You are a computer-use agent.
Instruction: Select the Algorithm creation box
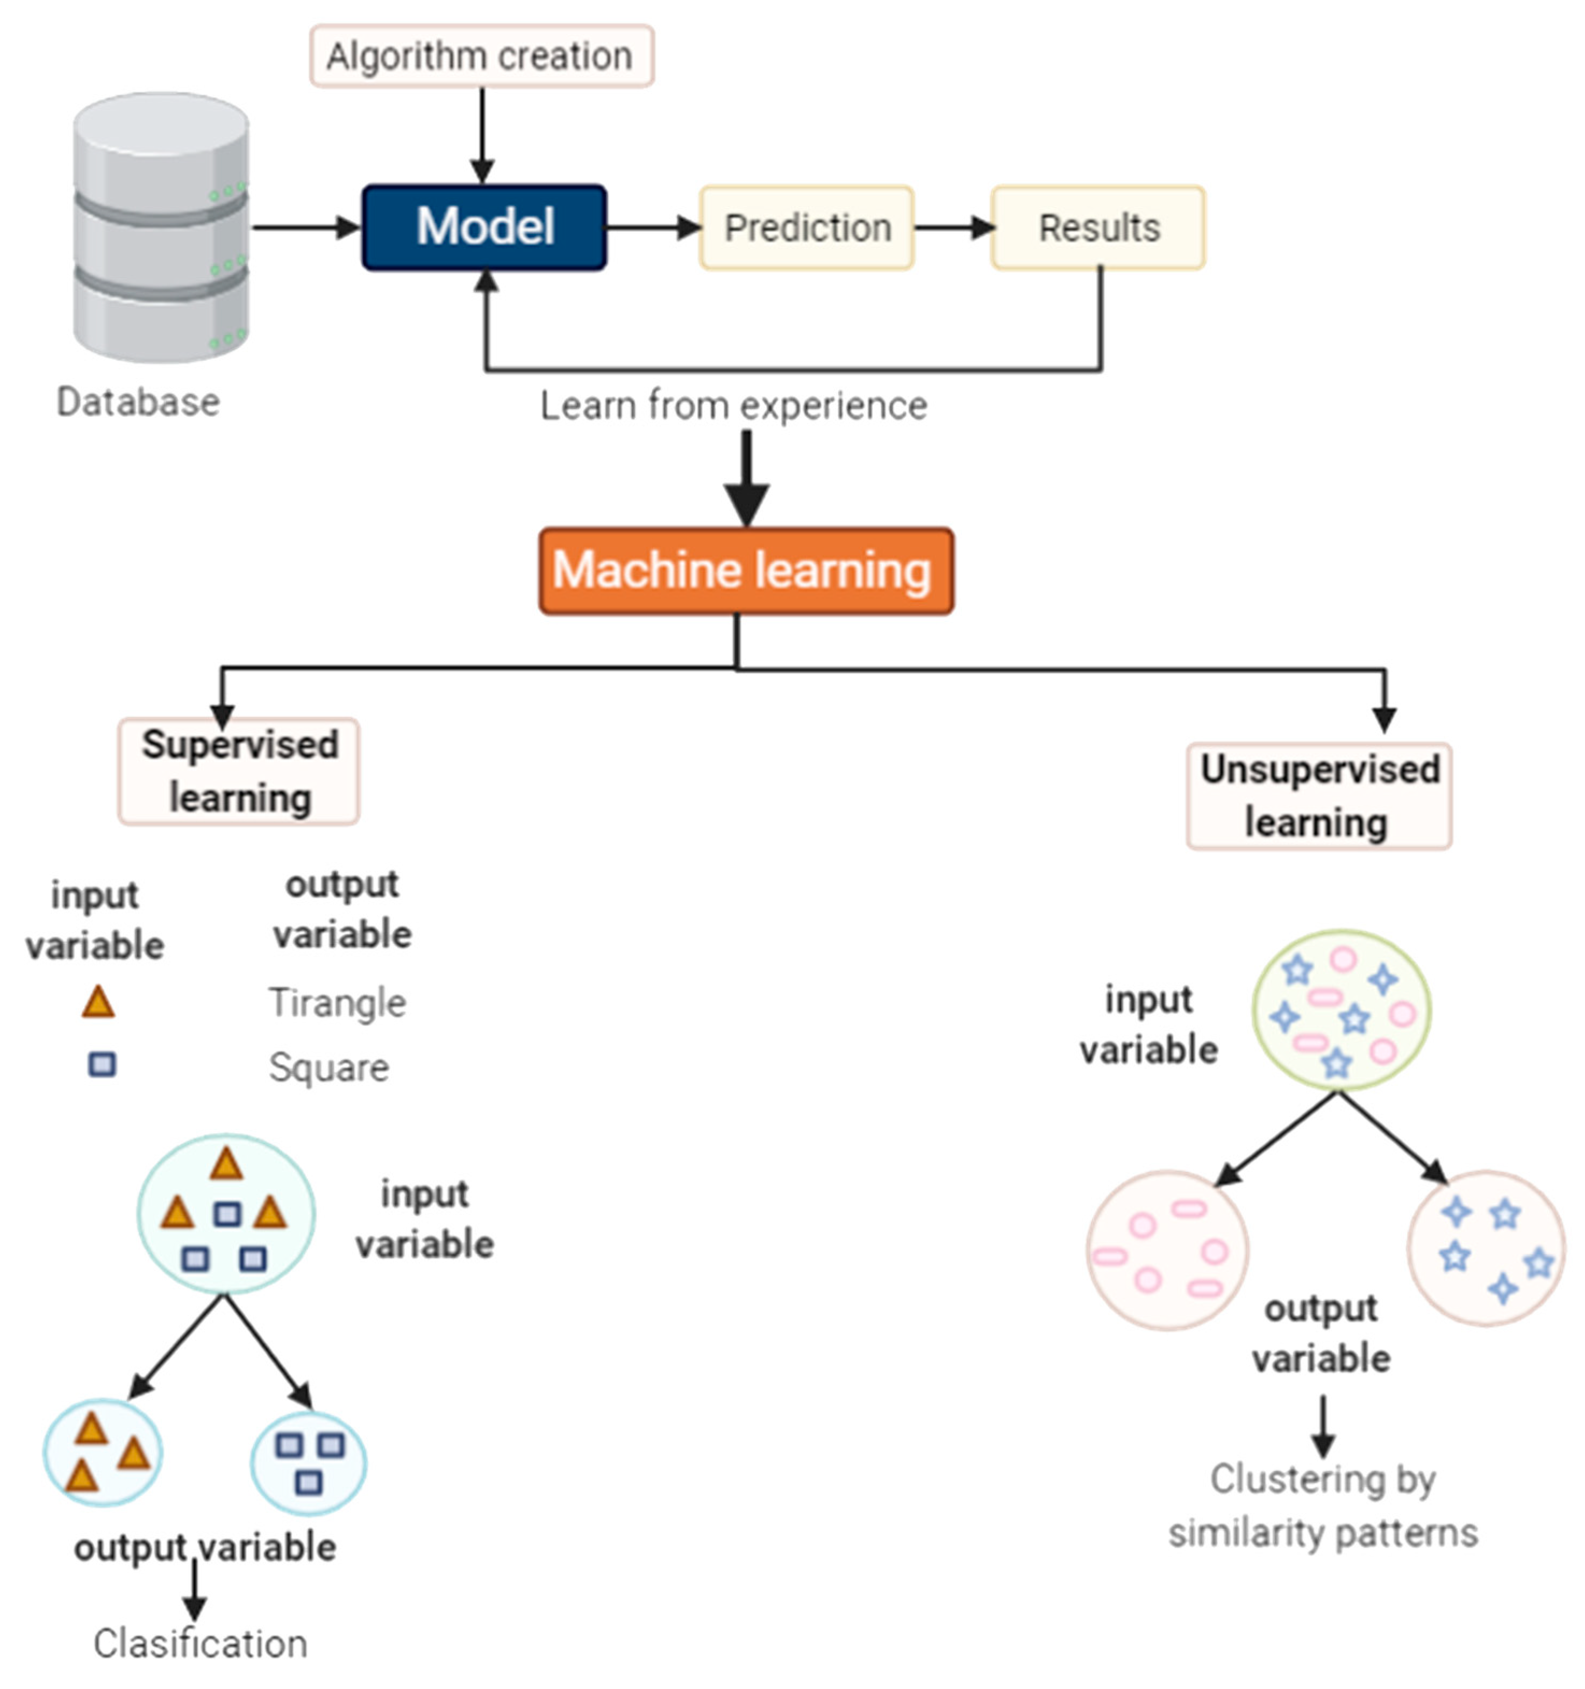click(481, 56)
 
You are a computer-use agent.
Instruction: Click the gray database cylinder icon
click(161, 227)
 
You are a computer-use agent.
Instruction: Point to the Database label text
click(138, 402)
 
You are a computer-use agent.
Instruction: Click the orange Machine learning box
click(746, 570)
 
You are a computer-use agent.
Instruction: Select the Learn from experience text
click(733, 405)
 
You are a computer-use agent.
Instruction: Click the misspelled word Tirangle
click(337, 1002)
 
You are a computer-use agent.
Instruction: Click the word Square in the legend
click(329, 1067)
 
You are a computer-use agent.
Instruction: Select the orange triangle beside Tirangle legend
click(98, 1002)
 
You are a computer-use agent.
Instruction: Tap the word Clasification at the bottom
click(201, 1643)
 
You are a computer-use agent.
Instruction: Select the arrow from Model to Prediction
click(652, 227)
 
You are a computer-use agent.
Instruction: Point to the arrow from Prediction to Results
click(953, 227)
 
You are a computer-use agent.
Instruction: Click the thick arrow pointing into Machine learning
click(746, 480)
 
